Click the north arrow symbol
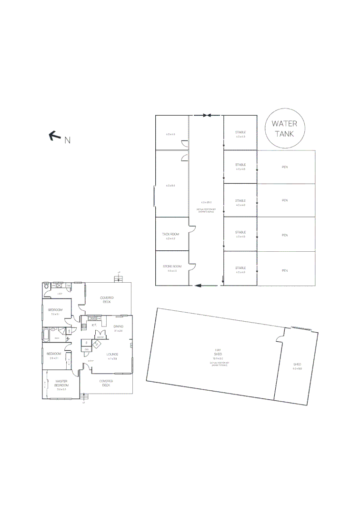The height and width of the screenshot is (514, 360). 55,137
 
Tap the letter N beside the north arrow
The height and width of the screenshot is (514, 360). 68,140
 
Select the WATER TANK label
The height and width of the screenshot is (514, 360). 284,128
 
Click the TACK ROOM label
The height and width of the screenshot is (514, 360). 170,234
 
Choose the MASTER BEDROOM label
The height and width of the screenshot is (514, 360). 61,383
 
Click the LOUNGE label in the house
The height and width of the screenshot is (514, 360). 112,354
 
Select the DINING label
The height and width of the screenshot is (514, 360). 118,326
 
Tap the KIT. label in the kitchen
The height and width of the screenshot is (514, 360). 94,325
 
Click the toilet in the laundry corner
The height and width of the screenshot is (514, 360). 46,286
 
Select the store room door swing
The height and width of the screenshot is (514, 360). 192,267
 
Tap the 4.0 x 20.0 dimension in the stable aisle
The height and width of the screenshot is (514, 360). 206,202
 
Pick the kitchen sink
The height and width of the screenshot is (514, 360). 91,317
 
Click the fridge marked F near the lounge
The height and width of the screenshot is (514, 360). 86,342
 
